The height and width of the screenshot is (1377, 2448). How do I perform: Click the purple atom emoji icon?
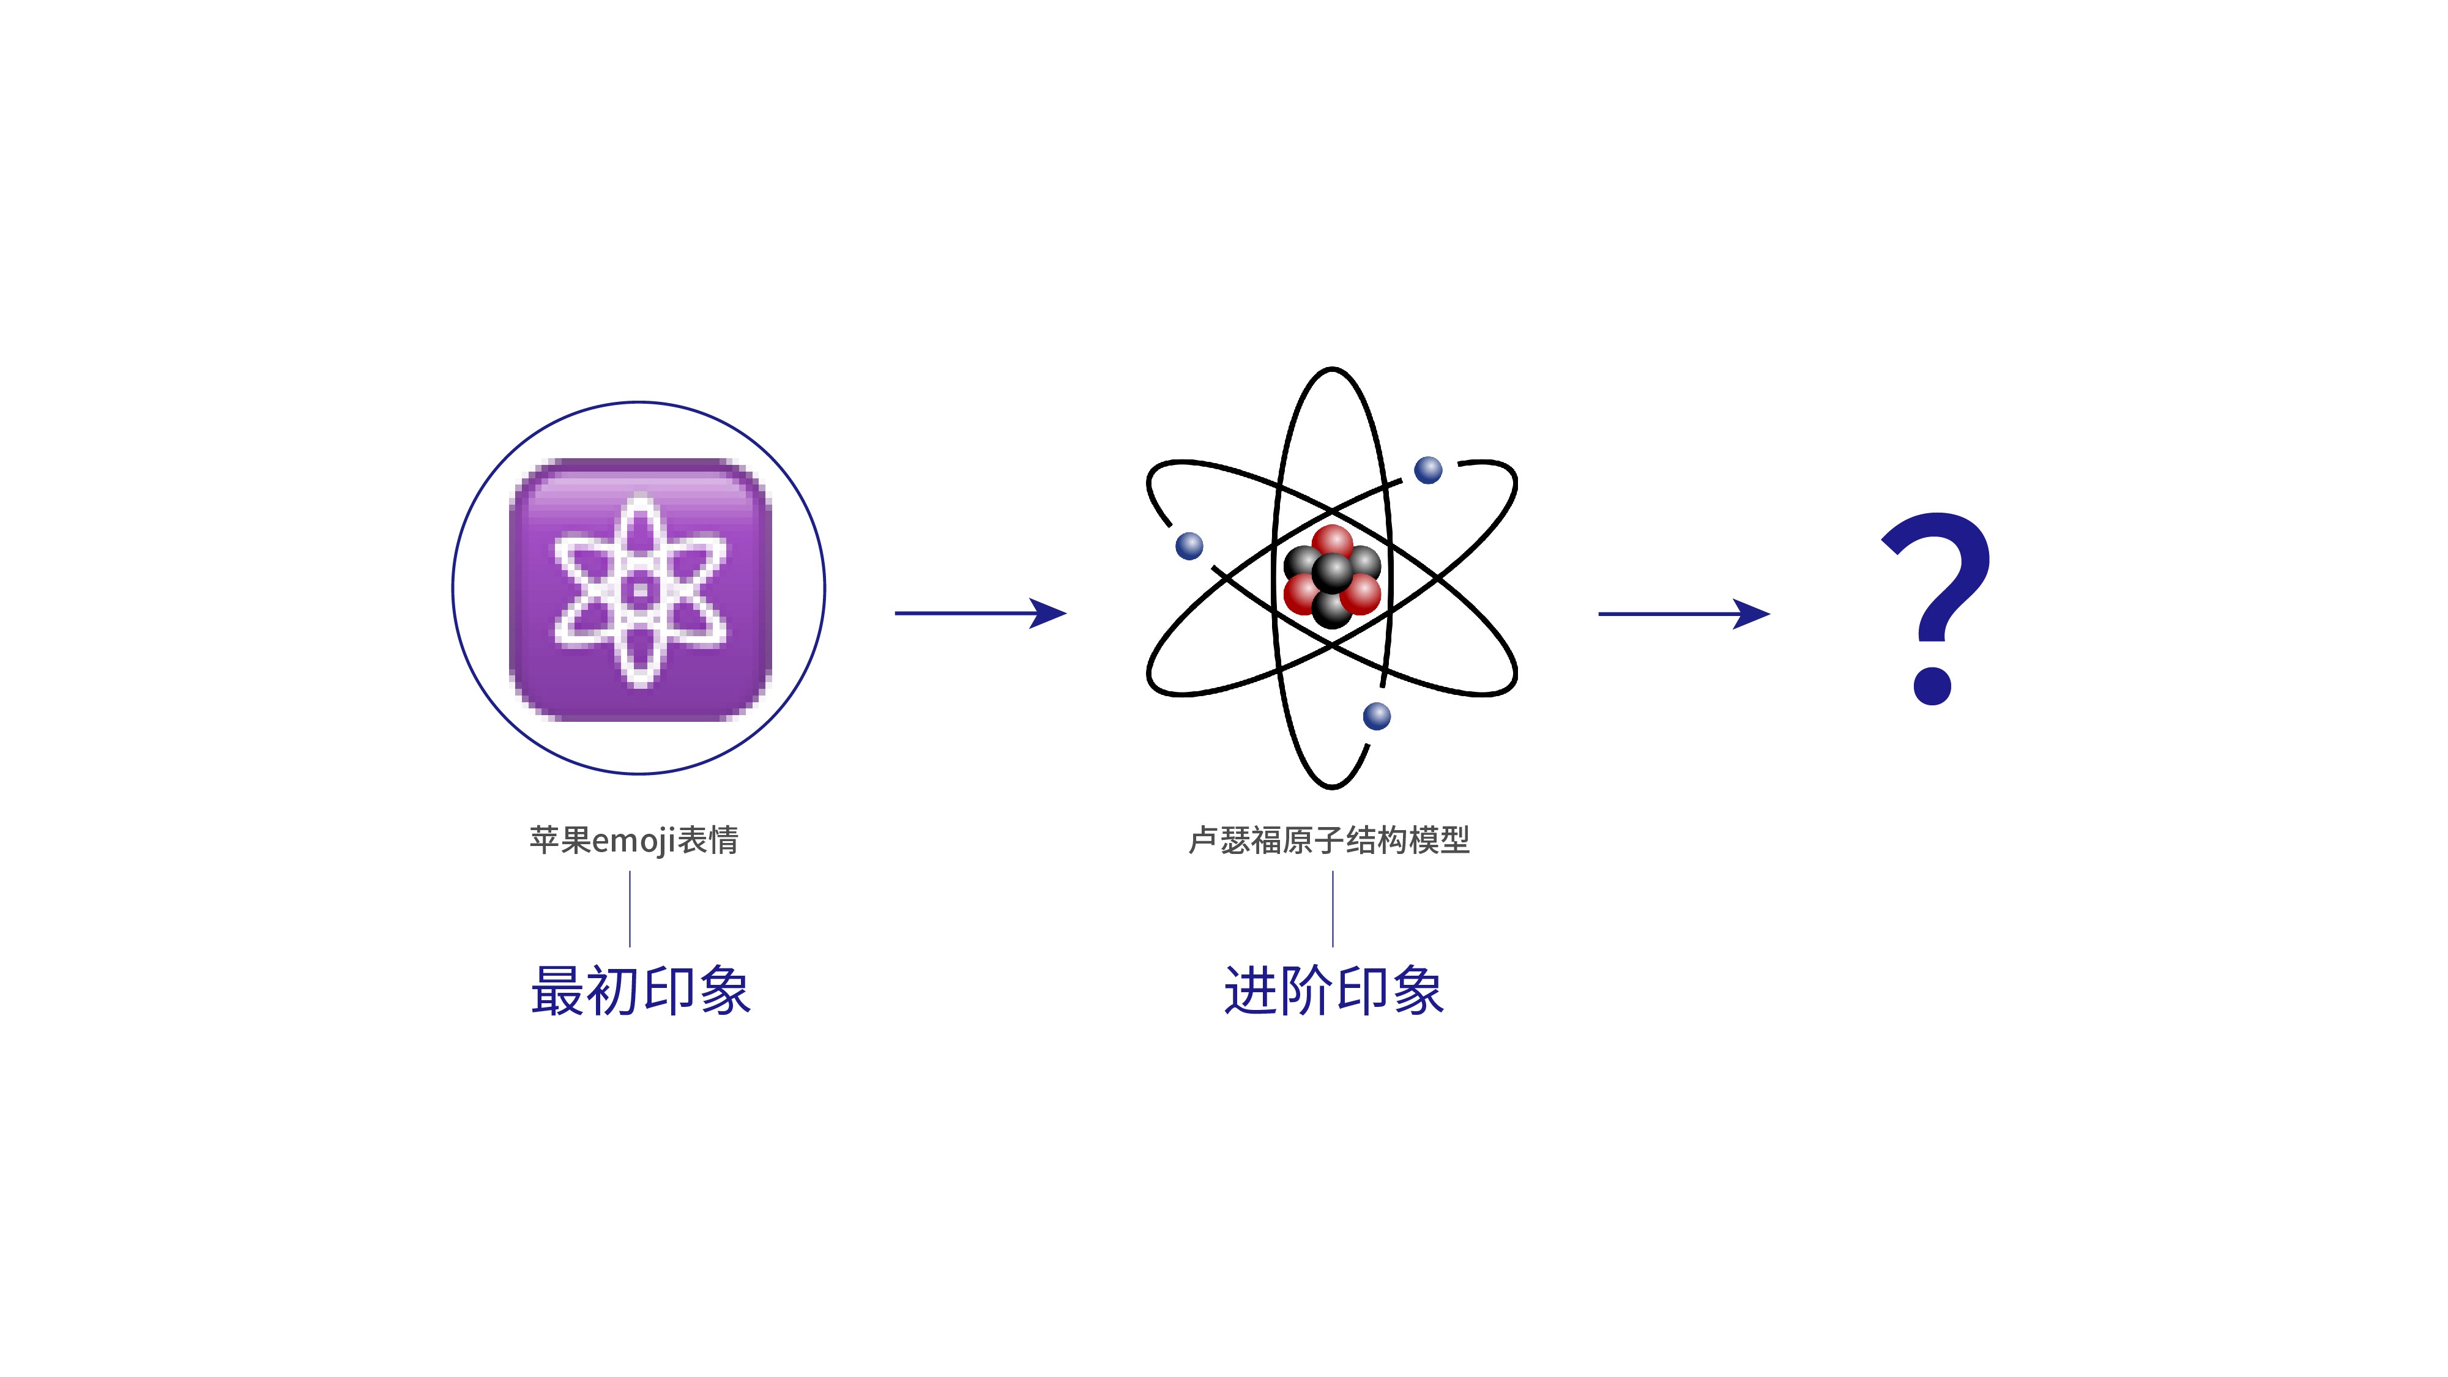click(x=639, y=589)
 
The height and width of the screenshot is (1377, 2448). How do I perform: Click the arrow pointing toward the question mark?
click(x=1684, y=614)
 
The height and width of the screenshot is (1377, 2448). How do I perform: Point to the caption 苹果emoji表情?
click(x=634, y=840)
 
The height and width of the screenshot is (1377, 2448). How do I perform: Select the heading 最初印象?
click(x=641, y=990)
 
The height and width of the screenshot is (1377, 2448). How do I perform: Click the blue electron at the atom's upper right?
click(x=1428, y=469)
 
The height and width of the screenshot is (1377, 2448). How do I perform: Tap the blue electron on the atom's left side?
click(x=1189, y=546)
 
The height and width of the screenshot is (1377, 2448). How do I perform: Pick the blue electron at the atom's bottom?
click(x=1376, y=716)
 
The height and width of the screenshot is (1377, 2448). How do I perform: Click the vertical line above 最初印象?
click(x=630, y=908)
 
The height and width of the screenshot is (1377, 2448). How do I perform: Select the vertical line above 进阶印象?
click(x=1333, y=908)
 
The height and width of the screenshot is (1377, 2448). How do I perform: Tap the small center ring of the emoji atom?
click(x=639, y=591)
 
